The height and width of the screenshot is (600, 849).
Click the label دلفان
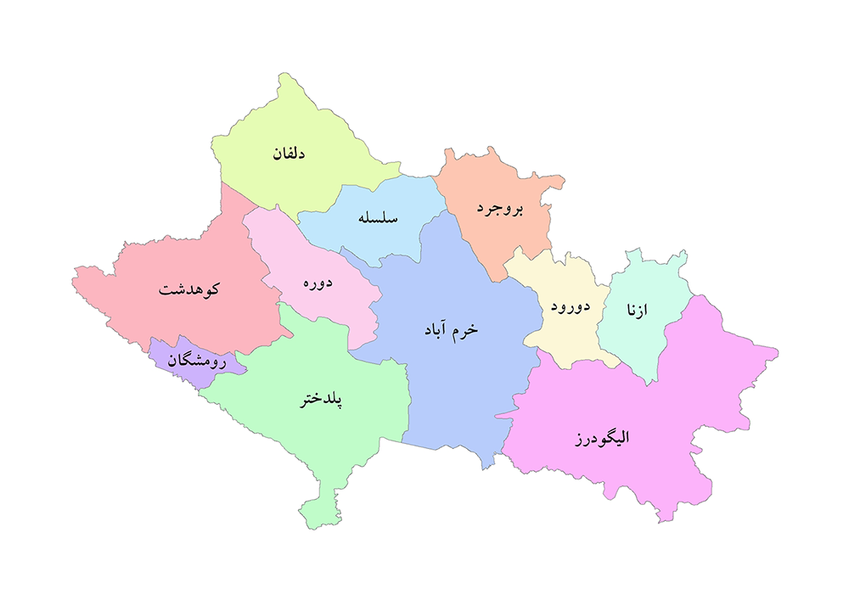tap(289, 154)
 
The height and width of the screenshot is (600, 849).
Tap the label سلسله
tap(379, 218)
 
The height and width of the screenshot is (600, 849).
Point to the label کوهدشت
tap(189, 289)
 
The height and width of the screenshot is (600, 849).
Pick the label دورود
tap(570, 306)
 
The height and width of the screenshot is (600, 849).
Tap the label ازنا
tap(636, 311)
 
